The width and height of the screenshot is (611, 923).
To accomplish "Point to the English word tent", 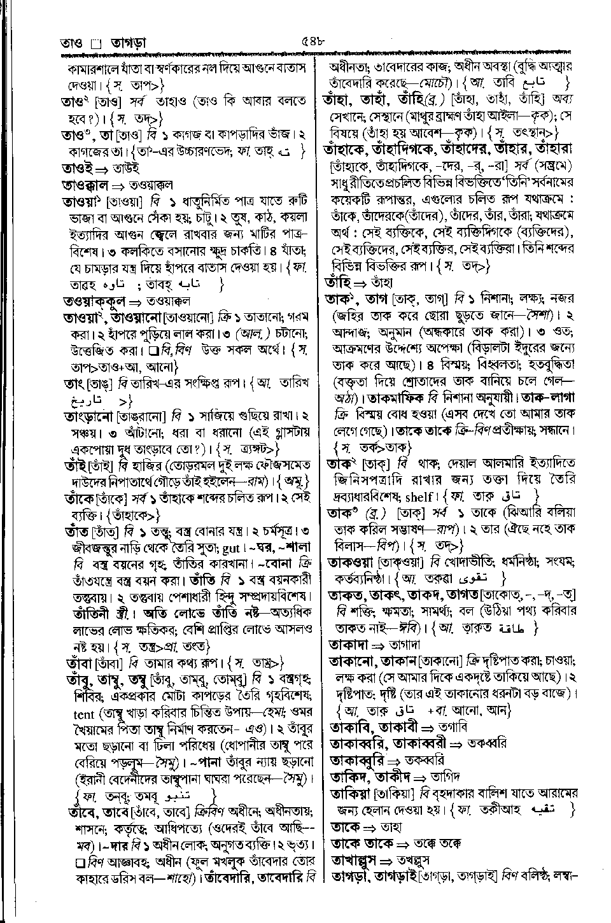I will pos(79,714).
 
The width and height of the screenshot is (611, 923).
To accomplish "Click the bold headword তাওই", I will pos(76,168).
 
